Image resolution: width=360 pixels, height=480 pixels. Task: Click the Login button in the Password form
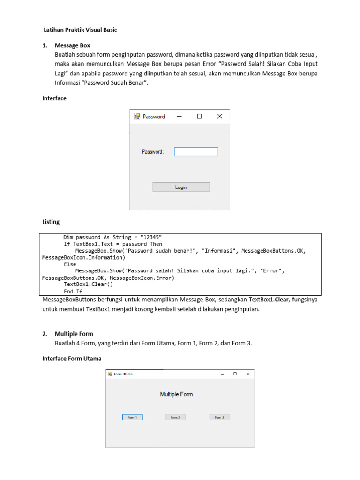tap(181, 187)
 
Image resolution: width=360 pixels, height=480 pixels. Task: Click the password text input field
tap(196, 152)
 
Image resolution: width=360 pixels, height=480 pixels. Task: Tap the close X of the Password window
tap(219, 116)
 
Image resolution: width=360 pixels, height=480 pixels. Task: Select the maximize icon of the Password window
tap(199, 116)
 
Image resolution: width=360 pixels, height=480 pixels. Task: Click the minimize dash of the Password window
tap(179, 117)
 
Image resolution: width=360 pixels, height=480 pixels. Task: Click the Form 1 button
tap(132, 417)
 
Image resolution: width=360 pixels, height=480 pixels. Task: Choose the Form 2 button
tap(175, 417)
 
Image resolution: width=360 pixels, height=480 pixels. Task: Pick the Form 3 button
tap(219, 417)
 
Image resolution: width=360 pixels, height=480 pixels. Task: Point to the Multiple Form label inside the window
tap(176, 394)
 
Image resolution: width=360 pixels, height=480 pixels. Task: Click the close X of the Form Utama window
tap(248, 374)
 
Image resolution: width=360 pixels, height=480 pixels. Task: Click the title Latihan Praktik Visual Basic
tap(80, 30)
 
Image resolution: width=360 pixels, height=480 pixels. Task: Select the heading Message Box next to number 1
tap(72, 45)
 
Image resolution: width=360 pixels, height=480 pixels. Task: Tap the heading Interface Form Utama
tap(72, 359)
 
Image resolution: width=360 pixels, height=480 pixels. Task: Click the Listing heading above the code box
tap(51, 222)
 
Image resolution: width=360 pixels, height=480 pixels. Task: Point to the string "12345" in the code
tap(151, 237)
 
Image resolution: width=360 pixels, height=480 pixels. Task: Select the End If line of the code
tap(73, 291)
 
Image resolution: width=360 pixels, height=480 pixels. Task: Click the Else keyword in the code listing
tap(70, 264)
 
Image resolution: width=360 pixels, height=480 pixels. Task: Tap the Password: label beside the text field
tap(153, 152)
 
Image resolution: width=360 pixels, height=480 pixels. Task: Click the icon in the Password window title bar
tap(137, 116)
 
